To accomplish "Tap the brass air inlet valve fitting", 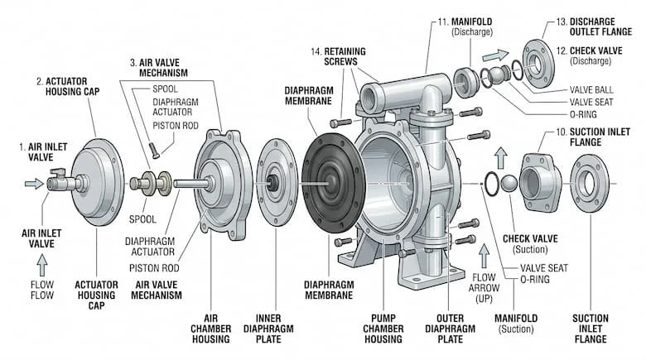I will (58, 182).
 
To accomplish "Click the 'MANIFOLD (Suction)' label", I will (516, 323).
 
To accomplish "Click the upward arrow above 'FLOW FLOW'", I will (41, 265).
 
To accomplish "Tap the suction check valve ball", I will (508, 183).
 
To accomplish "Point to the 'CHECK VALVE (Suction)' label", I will (531, 244).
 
